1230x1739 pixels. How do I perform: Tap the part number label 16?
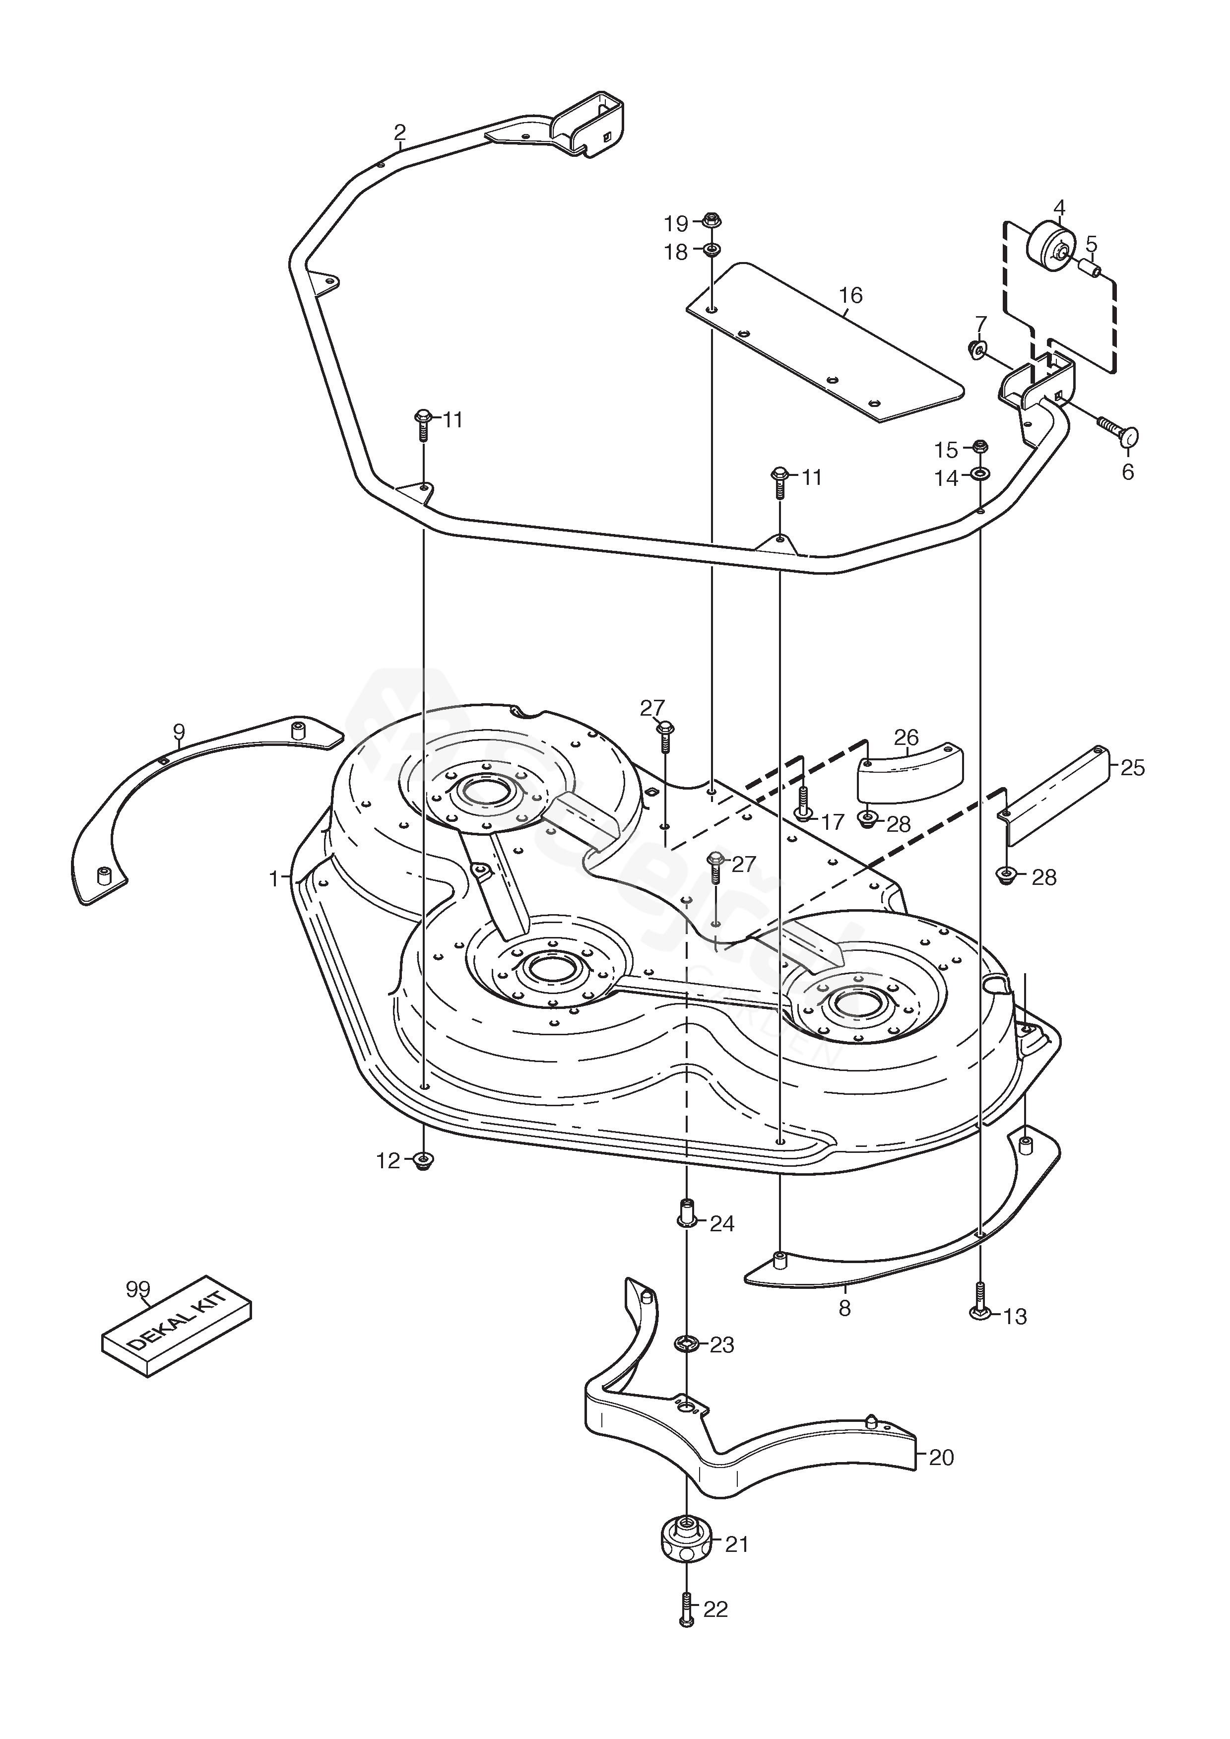(x=850, y=295)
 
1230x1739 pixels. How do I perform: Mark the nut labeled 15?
(x=978, y=446)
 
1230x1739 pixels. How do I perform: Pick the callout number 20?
(x=941, y=1457)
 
